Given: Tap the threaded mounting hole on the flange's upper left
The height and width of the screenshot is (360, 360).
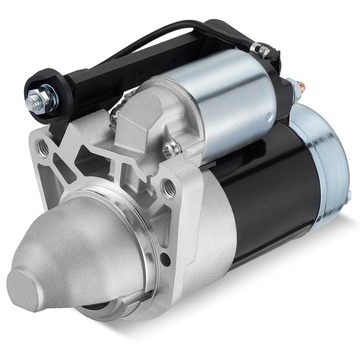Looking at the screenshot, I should (x=44, y=147).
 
